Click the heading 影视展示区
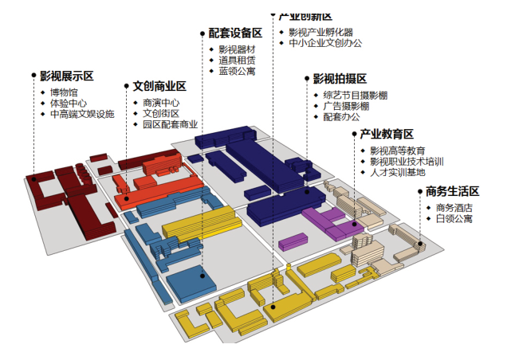pyautogui.click(x=67, y=76)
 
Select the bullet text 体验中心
pyautogui.click(x=69, y=104)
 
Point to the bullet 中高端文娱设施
pyautogui.click(x=82, y=115)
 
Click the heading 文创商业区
pyautogui.click(x=159, y=87)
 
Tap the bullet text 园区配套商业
pyautogui.click(x=170, y=125)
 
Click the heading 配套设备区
pyautogui.click(x=235, y=33)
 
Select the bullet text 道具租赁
pyautogui.click(x=237, y=61)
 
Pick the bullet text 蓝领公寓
pyautogui.click(x=237, y=72)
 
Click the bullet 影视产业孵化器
pyautogui.click(x=320, y=33)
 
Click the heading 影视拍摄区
pyautogui.click(x=339, y=79)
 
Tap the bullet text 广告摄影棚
pyautogui.click(x=345, y=106)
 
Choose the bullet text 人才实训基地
pyautogui.click(x=397, y=172)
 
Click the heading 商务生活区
pyautogui.click(x=452, y=192)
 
